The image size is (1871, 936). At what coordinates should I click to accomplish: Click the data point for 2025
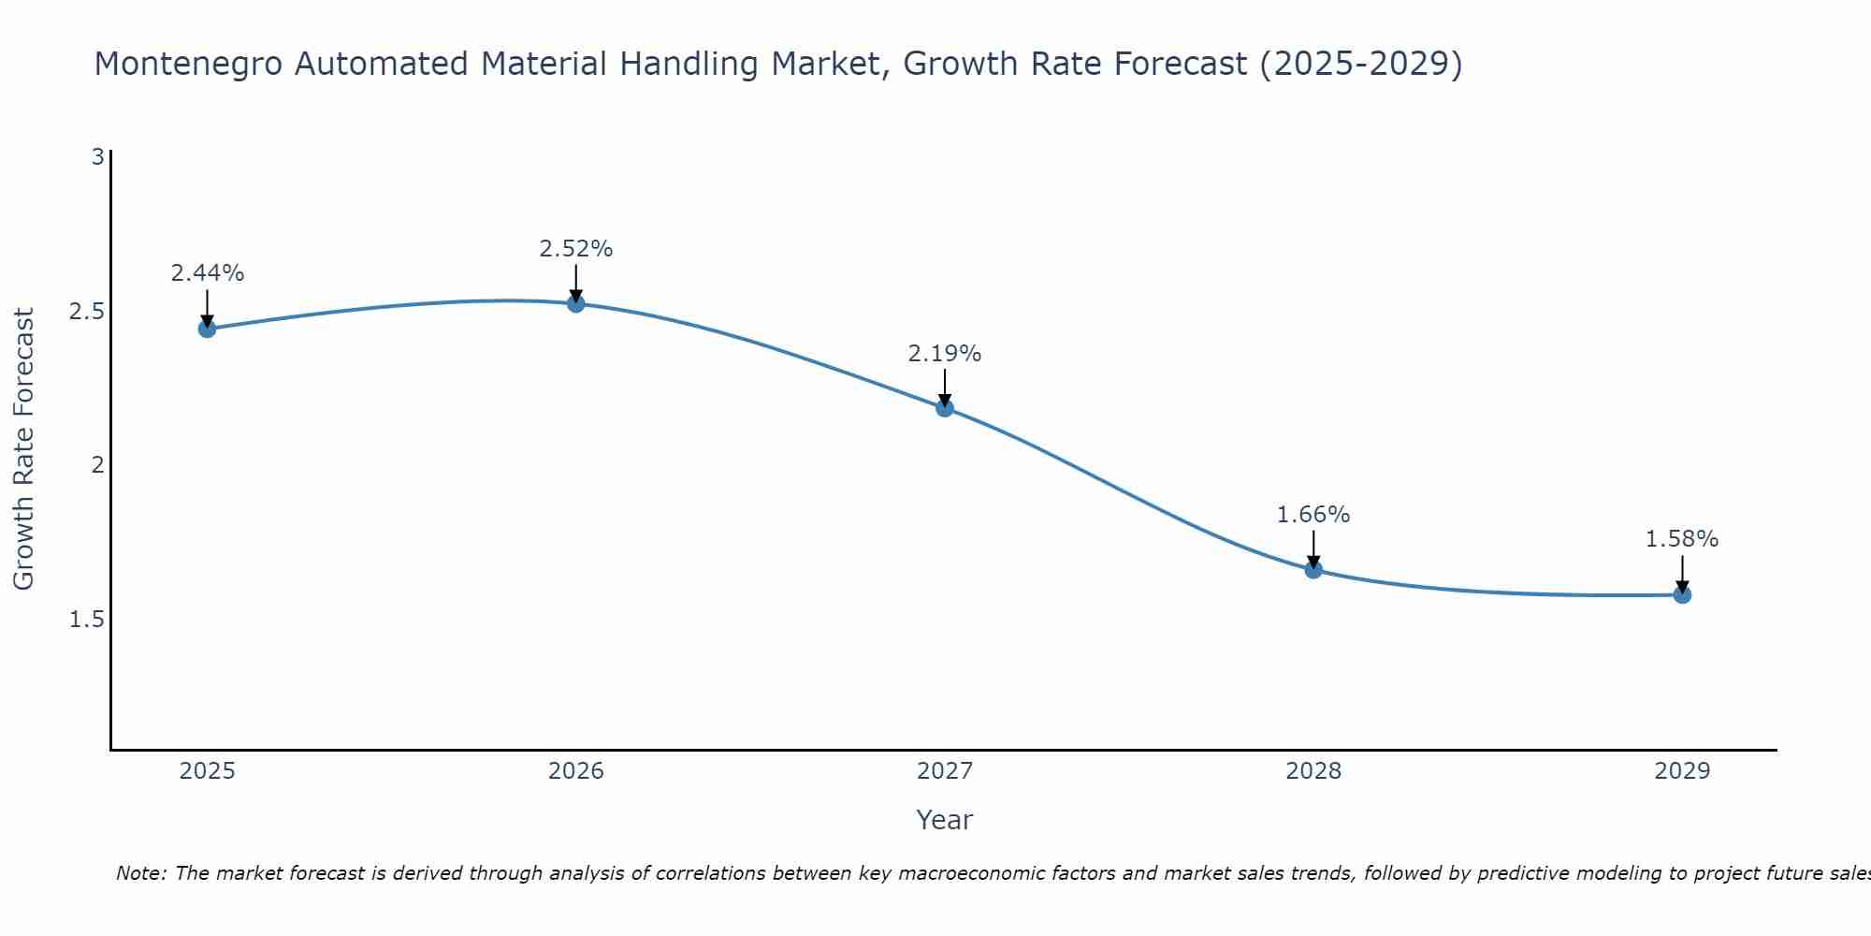pyautogui.click(x=207, y=329)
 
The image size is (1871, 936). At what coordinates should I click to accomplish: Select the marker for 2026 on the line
pyautogui.click(x=576, y=303)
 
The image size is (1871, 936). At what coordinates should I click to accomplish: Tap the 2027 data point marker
pyautogui.click(x=945, y=407)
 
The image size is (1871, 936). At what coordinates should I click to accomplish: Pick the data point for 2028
pyautogui.click(x=1313, y=569)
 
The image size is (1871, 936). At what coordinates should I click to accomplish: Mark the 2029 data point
pyautogui.click(x=1682, y=594)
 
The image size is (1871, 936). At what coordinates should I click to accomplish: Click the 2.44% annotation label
pyautogui.click(x=207, y=273)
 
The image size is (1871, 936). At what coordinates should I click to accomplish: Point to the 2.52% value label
pyautogui.click(x=576, y=249)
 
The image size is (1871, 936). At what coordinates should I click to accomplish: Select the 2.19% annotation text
pyautogui.click(x=945, y=354)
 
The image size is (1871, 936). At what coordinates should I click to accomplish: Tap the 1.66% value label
pyautogui.click(x=1313, y=515)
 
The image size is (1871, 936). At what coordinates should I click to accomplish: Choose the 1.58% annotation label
pyautogui.click(x=1682, y=539)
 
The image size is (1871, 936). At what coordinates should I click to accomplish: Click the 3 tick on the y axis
pyautogui.click(x=97, y=157)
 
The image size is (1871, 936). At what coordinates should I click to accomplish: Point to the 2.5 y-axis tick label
pyautogui.click(x=86, y=311)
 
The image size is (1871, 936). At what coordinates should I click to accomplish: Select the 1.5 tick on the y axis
pyautogui.click(x=86, y=620)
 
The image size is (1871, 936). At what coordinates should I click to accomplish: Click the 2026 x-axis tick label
pyautogui.click(x=576, y=771)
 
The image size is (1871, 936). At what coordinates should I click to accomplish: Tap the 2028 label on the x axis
pyautogui.click(x=1313, y=771)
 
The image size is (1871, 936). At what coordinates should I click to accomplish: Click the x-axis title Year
pyautogui.click(x=945, y=820)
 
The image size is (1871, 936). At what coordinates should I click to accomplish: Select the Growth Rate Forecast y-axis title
pyautogui.click(x=23, y=449)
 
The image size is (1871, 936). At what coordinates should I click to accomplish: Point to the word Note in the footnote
pyautogui.click(x=139, y=873)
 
